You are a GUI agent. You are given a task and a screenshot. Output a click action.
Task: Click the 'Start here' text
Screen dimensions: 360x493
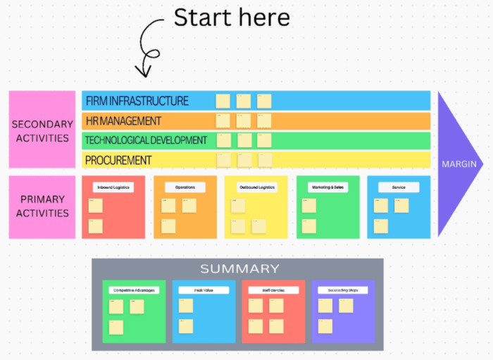coord(232,17)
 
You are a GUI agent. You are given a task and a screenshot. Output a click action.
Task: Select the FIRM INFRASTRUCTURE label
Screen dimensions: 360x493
coord(137,101)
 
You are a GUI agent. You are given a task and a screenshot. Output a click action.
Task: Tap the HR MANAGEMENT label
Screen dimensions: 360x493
coord(123,120)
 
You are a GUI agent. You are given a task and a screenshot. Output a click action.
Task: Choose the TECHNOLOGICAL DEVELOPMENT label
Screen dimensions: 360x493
coord(146,140)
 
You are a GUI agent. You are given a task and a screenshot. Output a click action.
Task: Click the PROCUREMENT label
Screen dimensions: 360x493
coord(118,160)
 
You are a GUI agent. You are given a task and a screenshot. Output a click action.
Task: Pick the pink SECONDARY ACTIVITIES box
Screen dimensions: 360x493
coord(42,130)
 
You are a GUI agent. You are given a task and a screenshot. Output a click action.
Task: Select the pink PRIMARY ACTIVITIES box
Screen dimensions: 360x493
coord(42,206)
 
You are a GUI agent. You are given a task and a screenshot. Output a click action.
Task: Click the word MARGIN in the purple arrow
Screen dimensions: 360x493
coord(458,164)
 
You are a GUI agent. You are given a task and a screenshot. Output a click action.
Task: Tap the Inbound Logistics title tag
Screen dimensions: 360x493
coord(113,187)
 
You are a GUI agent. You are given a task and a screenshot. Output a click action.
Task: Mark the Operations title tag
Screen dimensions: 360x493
coord(185,187)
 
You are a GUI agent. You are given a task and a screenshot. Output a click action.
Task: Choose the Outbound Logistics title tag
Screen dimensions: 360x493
coord(256,187)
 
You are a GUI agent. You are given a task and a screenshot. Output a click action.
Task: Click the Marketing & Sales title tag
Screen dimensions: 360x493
coord(327,187)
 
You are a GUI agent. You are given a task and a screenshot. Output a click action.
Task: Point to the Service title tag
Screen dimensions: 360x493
coord(398,187)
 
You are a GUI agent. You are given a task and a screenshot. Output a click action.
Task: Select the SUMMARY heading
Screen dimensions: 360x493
coord(239,268)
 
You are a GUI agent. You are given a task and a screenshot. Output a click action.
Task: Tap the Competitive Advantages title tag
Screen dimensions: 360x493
coord(133,290)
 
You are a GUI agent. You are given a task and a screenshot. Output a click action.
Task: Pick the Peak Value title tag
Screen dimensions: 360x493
coord(203,290)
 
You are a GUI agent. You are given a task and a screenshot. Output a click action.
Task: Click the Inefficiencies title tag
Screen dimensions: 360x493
coord(273,290)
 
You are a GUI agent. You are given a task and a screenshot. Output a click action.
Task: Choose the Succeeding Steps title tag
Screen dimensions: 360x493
coord(342,290)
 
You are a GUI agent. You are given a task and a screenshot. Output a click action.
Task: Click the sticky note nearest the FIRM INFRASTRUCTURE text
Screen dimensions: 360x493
coord(223,101)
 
